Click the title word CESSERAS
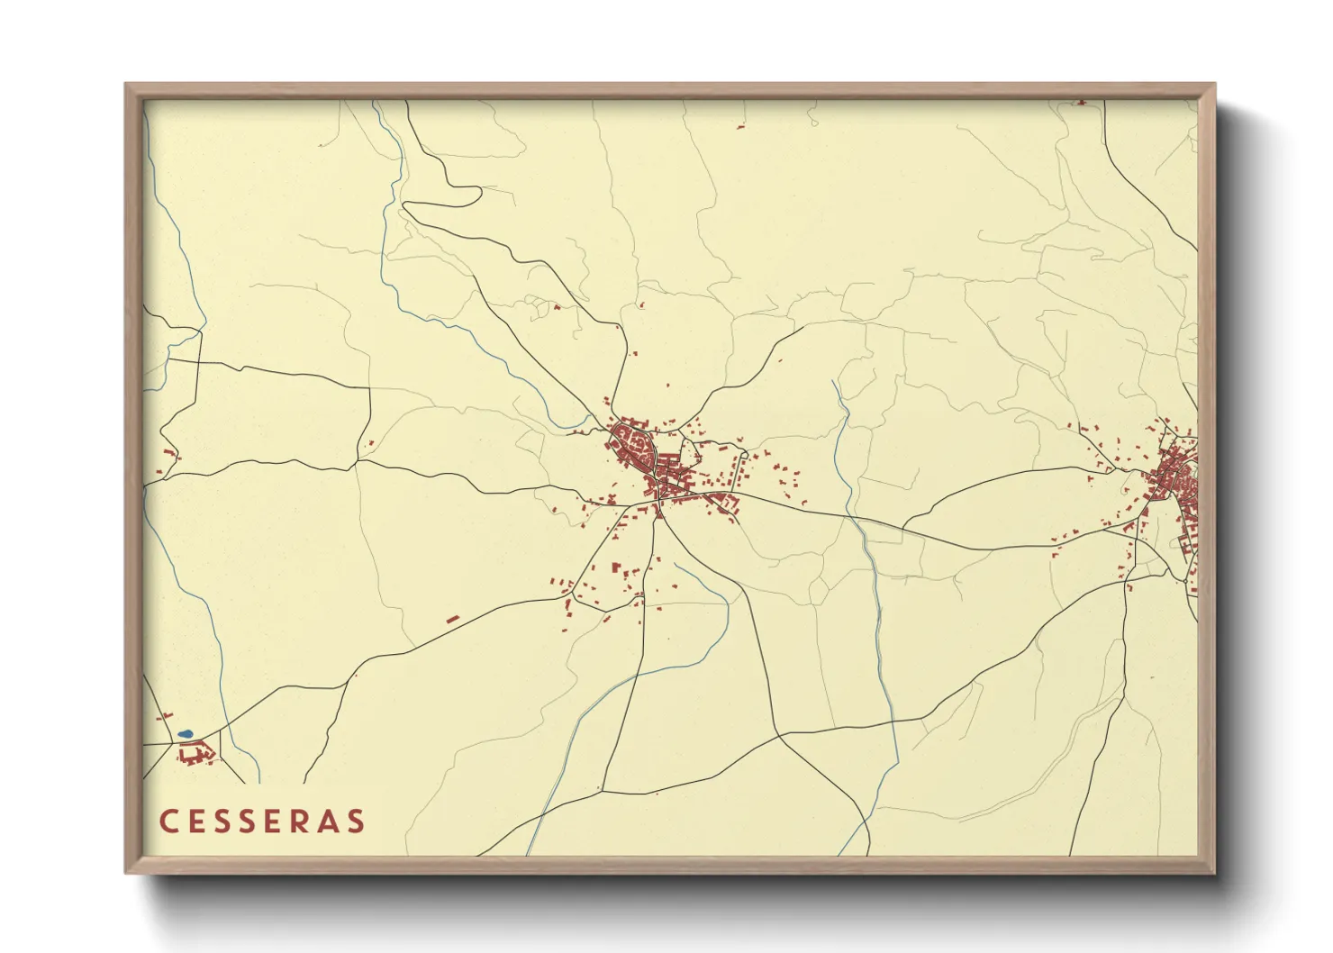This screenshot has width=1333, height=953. (x=262, y=821)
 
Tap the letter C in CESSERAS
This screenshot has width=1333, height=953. (x=168, y=821)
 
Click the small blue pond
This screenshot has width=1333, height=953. (x=185, y=734)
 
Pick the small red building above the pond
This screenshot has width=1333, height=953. (x=165, y=716)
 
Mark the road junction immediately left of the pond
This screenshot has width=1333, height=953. (x=171, y=743)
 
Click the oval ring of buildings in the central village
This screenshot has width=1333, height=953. (x=633, y=445)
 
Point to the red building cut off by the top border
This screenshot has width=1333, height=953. (x=1081, y=103)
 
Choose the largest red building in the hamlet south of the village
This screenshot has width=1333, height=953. (x=616, y=568)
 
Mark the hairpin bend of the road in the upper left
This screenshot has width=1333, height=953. (x=478, y=191)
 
